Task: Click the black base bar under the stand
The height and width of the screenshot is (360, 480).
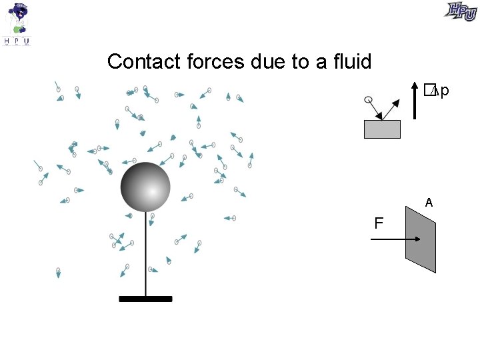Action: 145,299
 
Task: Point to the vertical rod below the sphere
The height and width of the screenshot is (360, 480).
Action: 145,253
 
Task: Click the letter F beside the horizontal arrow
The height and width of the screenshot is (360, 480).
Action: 379,223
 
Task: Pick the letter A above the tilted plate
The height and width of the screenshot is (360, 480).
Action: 429,203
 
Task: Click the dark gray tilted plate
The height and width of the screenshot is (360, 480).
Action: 421,239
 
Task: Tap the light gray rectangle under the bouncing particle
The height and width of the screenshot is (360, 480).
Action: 382,129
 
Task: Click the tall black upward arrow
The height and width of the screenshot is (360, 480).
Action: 415,100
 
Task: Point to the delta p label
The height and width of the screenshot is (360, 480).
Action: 436,89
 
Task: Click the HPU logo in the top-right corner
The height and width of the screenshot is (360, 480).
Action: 461,11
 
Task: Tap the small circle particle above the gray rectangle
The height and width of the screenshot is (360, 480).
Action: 367,100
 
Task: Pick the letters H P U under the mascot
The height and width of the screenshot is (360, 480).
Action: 17,41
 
